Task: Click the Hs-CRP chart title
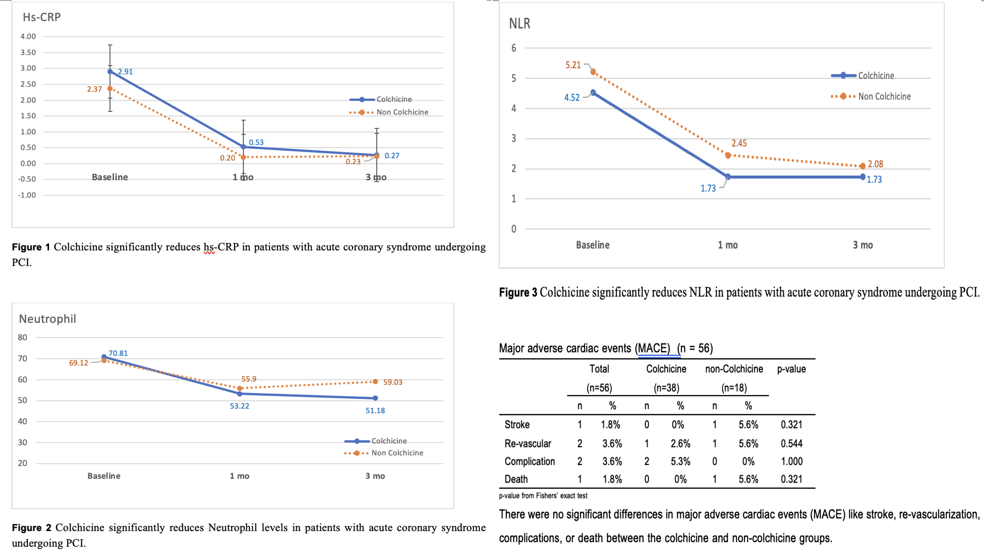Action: coord(42,17)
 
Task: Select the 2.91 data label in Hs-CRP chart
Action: coord(125,71)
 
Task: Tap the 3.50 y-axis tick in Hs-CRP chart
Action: coord(28,52)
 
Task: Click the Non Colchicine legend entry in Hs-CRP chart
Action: coord(402,113)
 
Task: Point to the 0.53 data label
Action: coord(256,142)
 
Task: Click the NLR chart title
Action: coord(519,24)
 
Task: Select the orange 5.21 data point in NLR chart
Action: coord(593,71)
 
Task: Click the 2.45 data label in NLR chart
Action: coord(739,143)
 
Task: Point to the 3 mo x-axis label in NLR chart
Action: coord(862,245)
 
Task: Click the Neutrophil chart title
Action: coord(47,319)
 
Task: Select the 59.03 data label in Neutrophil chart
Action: coord(393,382)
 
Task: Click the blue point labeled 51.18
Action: coord(375,398)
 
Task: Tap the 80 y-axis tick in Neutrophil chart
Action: coord(23,338)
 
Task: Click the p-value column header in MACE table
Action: coord(791,369)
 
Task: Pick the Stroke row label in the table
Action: coord(517,424)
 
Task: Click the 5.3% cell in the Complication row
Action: coord(680,461)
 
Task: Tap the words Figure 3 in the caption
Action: coord(518,292)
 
